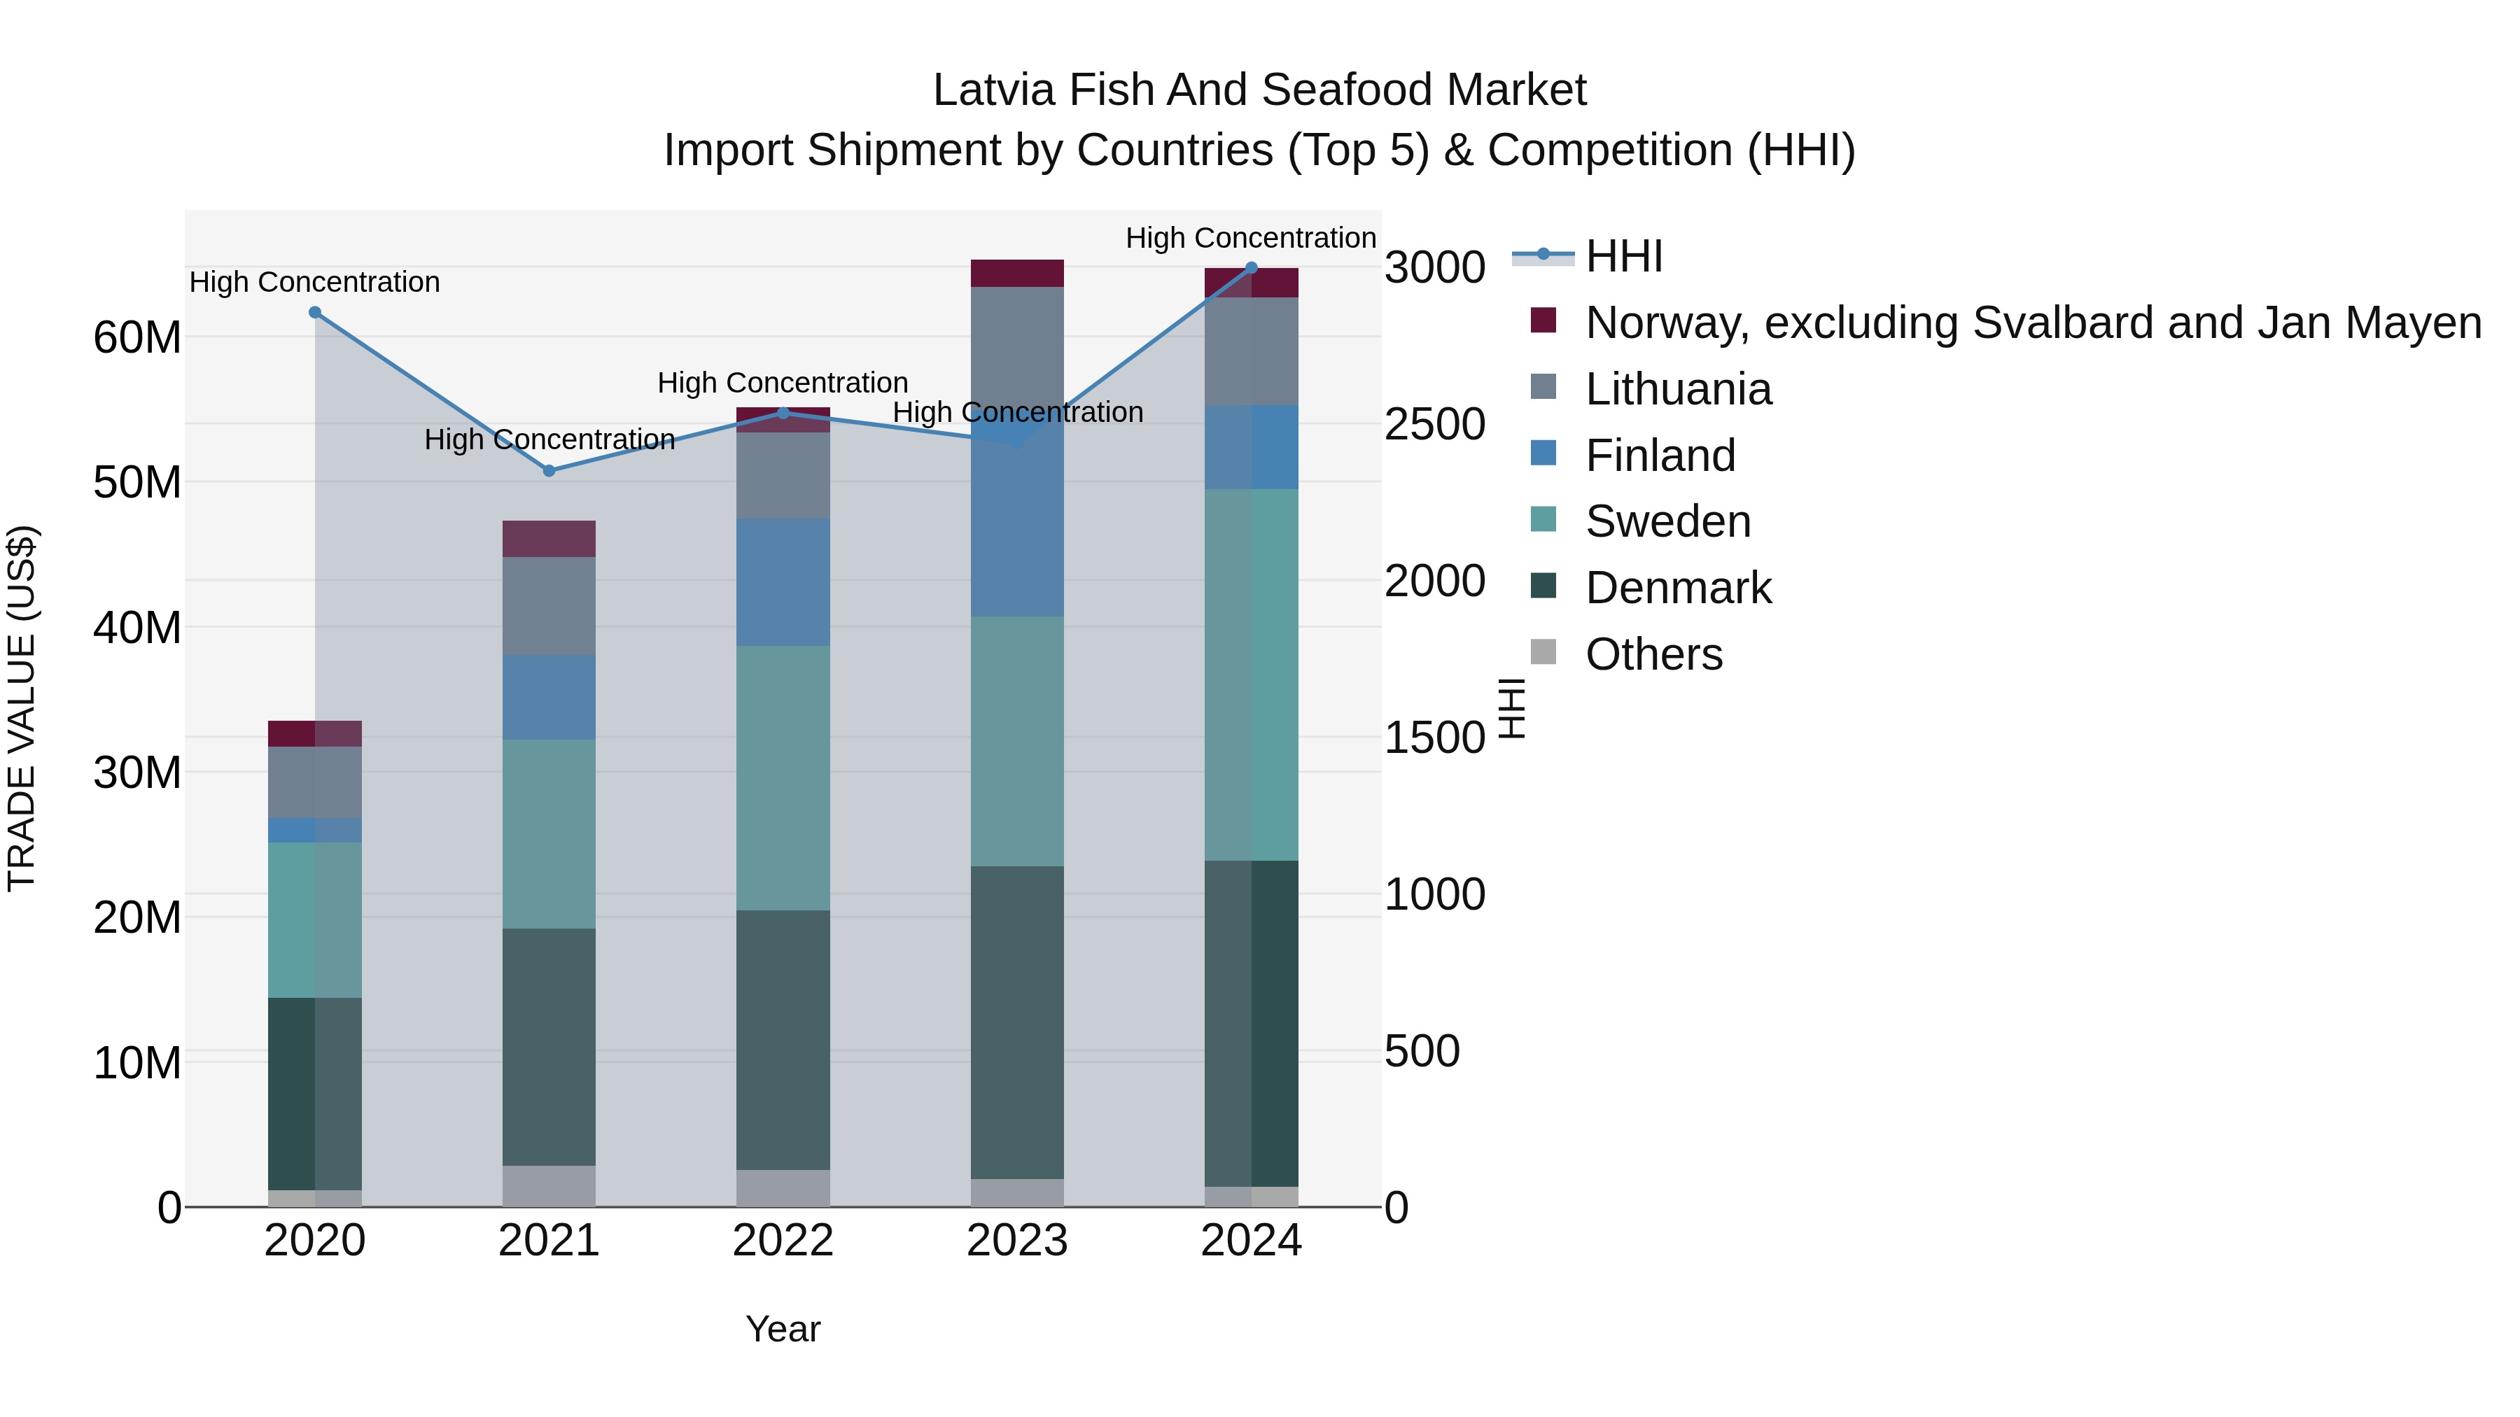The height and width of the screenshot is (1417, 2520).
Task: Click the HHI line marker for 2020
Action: [x=315, y=313]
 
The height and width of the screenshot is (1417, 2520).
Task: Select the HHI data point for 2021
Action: [x=549, y=470]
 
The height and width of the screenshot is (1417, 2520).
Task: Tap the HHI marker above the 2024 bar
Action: [x=1251, y=267]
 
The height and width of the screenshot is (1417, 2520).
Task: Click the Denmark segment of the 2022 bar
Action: [x=783, y=1040]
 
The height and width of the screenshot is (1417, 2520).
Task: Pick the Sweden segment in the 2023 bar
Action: [x=1016, y=740]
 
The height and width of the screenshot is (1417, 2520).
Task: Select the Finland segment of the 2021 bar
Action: [x=549, y=696]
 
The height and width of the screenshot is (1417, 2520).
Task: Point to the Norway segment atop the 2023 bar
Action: [x=1016, y=273]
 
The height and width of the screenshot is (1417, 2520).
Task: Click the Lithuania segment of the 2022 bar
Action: [x=783, y=474]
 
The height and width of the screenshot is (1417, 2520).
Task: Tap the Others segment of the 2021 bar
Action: [x=549, y=1185]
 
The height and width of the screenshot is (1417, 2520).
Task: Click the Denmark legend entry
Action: [x=1678, y=588]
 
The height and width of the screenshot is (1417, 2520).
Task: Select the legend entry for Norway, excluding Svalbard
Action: [x=2033, y=323]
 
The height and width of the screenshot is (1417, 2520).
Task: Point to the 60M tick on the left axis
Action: [x=137, y=337]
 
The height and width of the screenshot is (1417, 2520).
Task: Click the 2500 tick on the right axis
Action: [x=1434, y=425]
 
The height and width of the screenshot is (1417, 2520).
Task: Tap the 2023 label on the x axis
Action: [x=1016, y=1241]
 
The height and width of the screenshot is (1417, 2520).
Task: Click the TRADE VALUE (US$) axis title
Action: [x=22, y=708]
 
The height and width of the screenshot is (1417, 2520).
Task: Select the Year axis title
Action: [x=783, y=1329]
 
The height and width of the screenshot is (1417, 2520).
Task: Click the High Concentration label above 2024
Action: [x=1250, y=238]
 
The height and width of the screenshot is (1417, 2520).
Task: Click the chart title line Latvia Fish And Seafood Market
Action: [x=1259, y=90]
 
